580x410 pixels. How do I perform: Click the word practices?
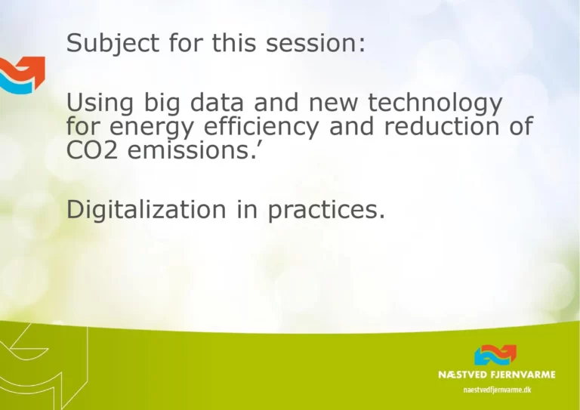coord(326,211)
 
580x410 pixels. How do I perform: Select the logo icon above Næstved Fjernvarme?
coord(495,356)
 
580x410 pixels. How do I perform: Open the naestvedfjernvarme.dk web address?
coord(496,389)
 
